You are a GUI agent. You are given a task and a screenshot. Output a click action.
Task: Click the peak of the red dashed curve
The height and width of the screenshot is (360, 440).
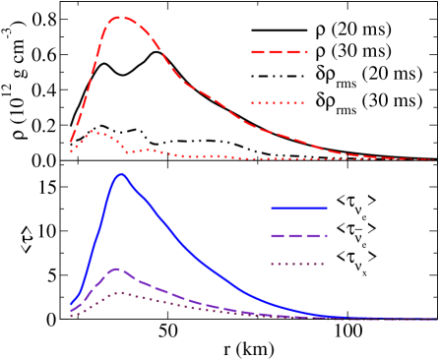(120, 18)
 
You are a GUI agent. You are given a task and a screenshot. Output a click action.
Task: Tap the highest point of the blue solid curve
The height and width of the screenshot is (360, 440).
(121, 175)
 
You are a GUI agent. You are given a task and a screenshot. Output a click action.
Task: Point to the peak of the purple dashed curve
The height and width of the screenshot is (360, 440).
(117, 269)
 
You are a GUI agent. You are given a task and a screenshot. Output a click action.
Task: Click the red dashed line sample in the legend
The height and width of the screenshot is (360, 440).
(280, 52)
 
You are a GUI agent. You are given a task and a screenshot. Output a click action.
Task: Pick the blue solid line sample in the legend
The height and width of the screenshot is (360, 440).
(299, 209)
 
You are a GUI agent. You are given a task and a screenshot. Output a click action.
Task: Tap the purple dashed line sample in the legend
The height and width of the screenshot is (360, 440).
(299, 236)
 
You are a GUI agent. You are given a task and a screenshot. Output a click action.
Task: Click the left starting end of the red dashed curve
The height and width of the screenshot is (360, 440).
(71, 144)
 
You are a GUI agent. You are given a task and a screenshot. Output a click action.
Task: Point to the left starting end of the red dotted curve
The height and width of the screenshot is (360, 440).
(71, 151)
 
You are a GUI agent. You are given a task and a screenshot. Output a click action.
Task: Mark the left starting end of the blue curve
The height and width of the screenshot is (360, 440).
(71, 305)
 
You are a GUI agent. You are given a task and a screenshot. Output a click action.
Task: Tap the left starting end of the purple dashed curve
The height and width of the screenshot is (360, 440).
(71, 311)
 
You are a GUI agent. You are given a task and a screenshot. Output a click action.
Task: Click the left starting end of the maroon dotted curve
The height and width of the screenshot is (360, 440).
(71, 316)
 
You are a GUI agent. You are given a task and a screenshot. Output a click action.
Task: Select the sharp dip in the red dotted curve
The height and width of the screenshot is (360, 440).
(127, 152)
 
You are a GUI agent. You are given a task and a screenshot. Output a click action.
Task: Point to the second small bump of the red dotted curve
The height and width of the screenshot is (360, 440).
(151, 150)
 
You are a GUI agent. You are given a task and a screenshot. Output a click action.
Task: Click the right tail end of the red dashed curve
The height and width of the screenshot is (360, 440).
(434, 160)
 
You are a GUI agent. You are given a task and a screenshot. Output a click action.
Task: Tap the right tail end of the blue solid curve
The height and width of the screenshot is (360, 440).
(434, 319)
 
